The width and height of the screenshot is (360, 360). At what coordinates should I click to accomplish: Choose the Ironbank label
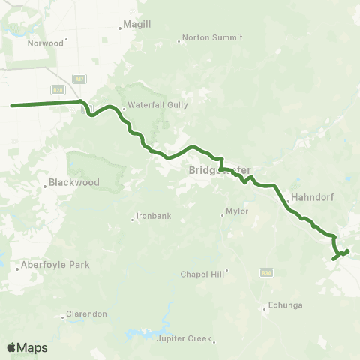[x=154, y=217]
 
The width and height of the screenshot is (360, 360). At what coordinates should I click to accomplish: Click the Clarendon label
[x=87, y=313]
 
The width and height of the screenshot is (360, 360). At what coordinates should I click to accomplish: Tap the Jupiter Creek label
[x=184, y=339]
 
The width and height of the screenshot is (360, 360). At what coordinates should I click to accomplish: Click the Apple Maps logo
[x=27, y=347]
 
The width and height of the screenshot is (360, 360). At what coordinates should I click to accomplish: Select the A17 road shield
[x=78, y=78]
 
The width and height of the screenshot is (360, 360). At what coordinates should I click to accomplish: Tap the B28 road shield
[x=56, y=89]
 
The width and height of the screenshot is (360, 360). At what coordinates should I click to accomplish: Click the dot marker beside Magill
[x=120, y=29]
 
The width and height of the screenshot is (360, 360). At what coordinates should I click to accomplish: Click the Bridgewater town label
[x=220, y=170]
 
